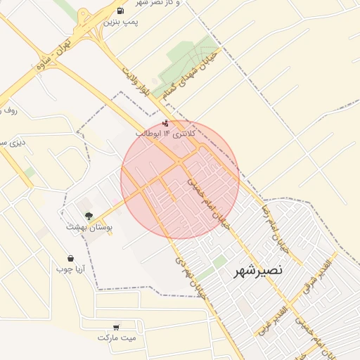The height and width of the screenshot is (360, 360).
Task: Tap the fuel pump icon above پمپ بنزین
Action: coord(122,11)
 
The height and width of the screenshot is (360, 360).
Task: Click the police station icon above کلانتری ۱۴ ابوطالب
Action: coord(165,123)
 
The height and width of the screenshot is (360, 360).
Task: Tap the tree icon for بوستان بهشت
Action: coord(89,217)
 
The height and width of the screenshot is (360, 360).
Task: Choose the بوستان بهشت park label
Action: coord(89,227)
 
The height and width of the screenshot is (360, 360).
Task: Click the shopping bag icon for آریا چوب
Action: coord(70,258)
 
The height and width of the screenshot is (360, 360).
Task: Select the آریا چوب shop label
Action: coord(70,269)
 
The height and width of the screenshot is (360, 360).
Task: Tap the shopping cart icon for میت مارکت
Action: coord(115,327)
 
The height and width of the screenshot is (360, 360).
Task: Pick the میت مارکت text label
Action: coord(115,337)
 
